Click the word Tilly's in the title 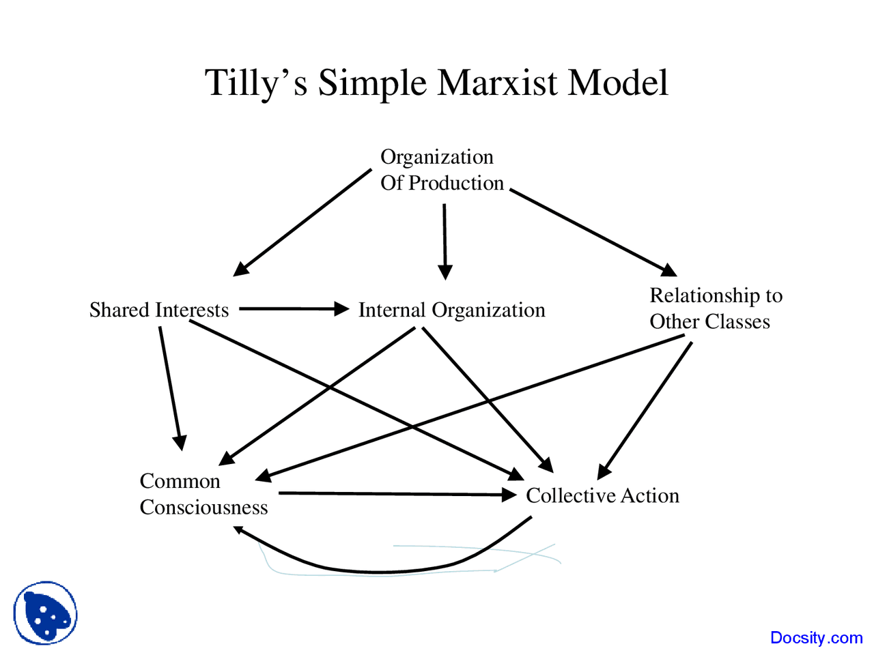pyautogui.click(x=255, y=83)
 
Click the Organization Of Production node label pyautogui.click(x=441, y=170)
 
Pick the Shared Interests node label pyautogui.click(x=159, y=310)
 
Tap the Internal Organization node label pyautogui.click(x=451, y=310)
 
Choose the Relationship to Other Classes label pyautogui.click(x=715, y=308)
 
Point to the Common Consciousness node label pyautogui.click(x=203, y=494)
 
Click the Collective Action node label pyautogui.click(x=602, y=495)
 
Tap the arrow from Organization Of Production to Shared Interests pyautogui.click(x=304, y=221)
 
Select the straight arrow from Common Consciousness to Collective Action pyautogui.click(x=396, y=493)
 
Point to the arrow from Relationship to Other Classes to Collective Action pyautogui.click(x=645, y=409)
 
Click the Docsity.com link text pyautogui.click(x=816, y=637)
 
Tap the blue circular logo pyautogui.click(x=45, y=613)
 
